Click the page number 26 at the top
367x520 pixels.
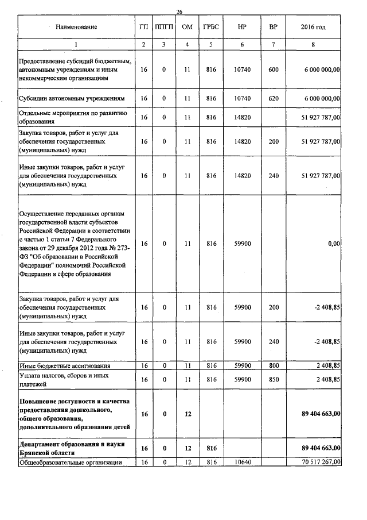coord(179,12)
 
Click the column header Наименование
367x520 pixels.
coord(76,27)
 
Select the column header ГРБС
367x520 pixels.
coord(210,27)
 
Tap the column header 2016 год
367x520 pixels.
coord(313,27)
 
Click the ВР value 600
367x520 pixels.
coord(273,70)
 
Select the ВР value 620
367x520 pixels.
coord(273,98)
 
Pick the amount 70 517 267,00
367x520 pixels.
coord(313,461)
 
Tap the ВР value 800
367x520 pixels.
coord(273,365)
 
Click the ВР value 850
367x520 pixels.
coord(273,379)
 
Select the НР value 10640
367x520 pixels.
coord(242,461)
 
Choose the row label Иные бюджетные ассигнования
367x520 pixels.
coord(64,365)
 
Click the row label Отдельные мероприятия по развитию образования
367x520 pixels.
coord(76,117)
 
